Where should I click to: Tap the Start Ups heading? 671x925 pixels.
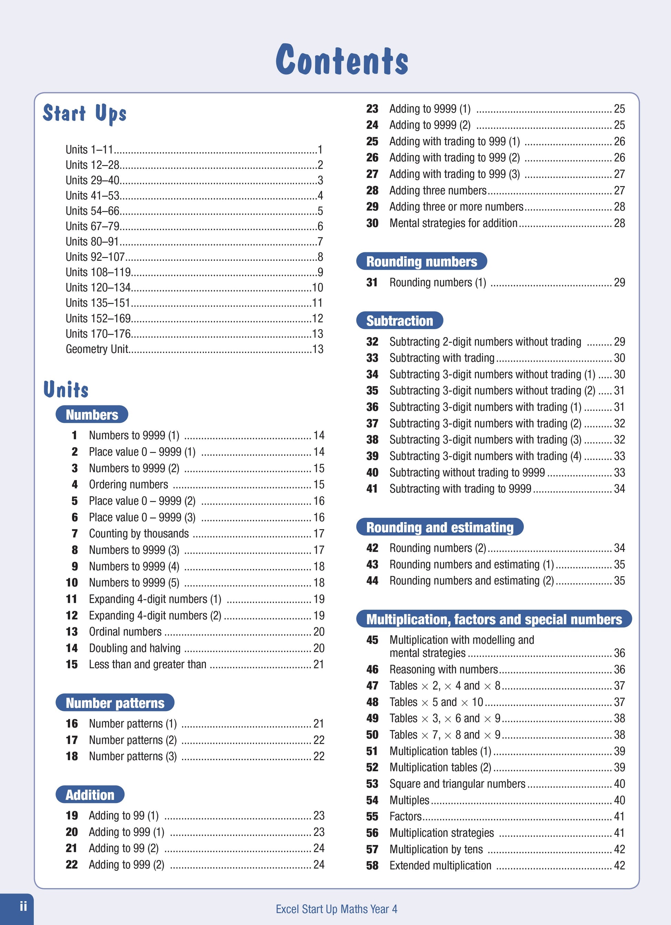(x=85, y=114)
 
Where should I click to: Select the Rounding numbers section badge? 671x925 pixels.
(x=421, y=262)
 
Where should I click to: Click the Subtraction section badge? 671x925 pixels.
(x=400, y=321)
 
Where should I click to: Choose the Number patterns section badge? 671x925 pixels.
(x=115, y=703)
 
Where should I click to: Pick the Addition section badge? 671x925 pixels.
(x=90, y=795)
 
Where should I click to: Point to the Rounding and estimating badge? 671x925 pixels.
(x=440, y=527)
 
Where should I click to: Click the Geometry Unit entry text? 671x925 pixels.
(x=97, y=349)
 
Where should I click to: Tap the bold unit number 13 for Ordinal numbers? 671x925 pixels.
(x=72, y=632)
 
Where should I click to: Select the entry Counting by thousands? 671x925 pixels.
(x=139, y=533)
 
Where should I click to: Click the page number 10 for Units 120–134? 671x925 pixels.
(x=318, y=287)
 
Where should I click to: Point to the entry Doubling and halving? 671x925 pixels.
(x=135, y=648)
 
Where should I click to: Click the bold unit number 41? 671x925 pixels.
(x=372, y=489)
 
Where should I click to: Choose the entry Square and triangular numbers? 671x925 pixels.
(x=457, y=784)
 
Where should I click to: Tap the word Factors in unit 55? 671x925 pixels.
(x=405, y=816)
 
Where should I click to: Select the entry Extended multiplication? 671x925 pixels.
(x=440, y=865)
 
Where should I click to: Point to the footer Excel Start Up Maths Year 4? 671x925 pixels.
(x=336, y=909)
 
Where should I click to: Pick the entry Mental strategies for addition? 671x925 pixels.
(x=453, y=223)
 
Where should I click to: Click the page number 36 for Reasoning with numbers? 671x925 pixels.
(x=619, y=669)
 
